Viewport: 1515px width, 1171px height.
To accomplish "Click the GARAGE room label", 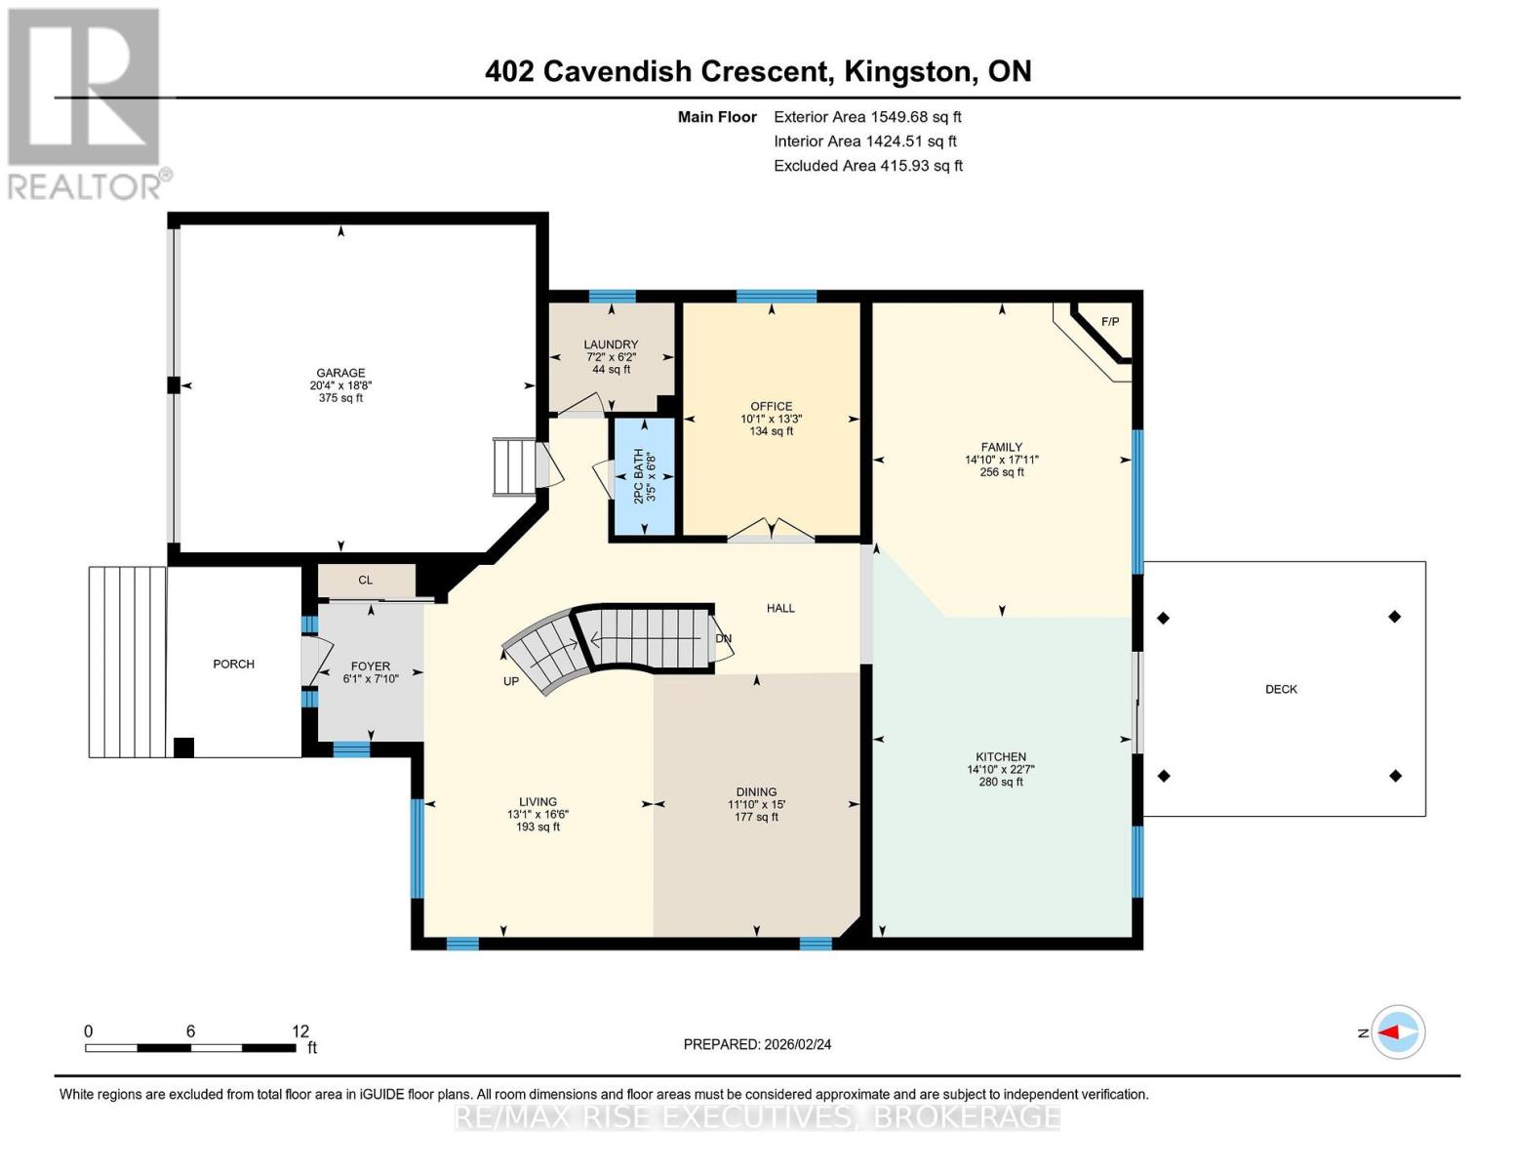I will coord(340,373).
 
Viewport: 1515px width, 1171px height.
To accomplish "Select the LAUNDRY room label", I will coord(611,344).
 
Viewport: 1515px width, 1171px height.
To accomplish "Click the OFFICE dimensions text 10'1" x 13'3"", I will coord(771,419).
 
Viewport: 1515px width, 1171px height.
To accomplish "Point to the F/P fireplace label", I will coord(1110,322).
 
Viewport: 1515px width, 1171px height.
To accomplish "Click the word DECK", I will coord(1281,689).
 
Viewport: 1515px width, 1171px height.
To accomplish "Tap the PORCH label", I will coord(233,664).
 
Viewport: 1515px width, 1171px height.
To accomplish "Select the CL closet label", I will coord(365,580).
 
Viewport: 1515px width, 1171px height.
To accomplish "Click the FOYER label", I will coord(371,666).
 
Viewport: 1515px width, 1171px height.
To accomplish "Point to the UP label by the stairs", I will coord(511,681).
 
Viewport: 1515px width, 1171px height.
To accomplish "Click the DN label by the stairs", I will coord(724,639).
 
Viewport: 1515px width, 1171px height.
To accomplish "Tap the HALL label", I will coord(780,608).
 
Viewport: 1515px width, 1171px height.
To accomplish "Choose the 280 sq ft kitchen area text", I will coord(1001,782).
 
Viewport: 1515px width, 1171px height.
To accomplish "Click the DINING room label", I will coord(756,792).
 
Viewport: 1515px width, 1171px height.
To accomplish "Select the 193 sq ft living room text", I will coord(538,827).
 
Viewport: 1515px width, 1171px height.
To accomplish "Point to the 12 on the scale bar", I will coord(300,1031).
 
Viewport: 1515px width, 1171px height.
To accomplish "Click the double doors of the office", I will coord(771,530).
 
